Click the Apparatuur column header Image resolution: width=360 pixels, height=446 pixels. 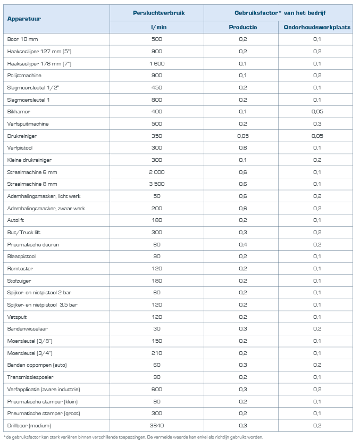(24, 19)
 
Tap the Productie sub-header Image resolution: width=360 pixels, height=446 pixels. (242, 27)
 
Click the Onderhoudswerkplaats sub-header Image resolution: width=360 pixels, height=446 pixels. (317, 27)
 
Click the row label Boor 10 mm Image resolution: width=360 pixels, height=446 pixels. (23, 39)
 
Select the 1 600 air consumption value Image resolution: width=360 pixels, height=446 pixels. (156, 63)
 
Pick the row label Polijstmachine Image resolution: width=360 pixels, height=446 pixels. (24, 76)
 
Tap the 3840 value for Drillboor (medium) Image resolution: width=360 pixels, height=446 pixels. (156, 425)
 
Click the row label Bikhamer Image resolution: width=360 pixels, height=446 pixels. (19, 112)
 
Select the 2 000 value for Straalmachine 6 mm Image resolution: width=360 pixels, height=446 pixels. (156, 172)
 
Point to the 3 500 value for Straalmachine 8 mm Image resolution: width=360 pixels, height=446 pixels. (156, 184)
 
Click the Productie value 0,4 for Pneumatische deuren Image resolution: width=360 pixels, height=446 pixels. (242, 244)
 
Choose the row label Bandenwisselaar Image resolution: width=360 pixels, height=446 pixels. (27, 329)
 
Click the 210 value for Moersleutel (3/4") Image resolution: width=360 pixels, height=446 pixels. (156, 353)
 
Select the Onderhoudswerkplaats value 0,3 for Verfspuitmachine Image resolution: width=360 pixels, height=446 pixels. (317, 124)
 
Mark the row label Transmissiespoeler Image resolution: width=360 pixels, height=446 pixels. (30, 377)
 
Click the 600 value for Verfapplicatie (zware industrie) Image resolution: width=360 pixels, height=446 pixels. (156, 389)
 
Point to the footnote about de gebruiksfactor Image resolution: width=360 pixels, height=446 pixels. (133, 437)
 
